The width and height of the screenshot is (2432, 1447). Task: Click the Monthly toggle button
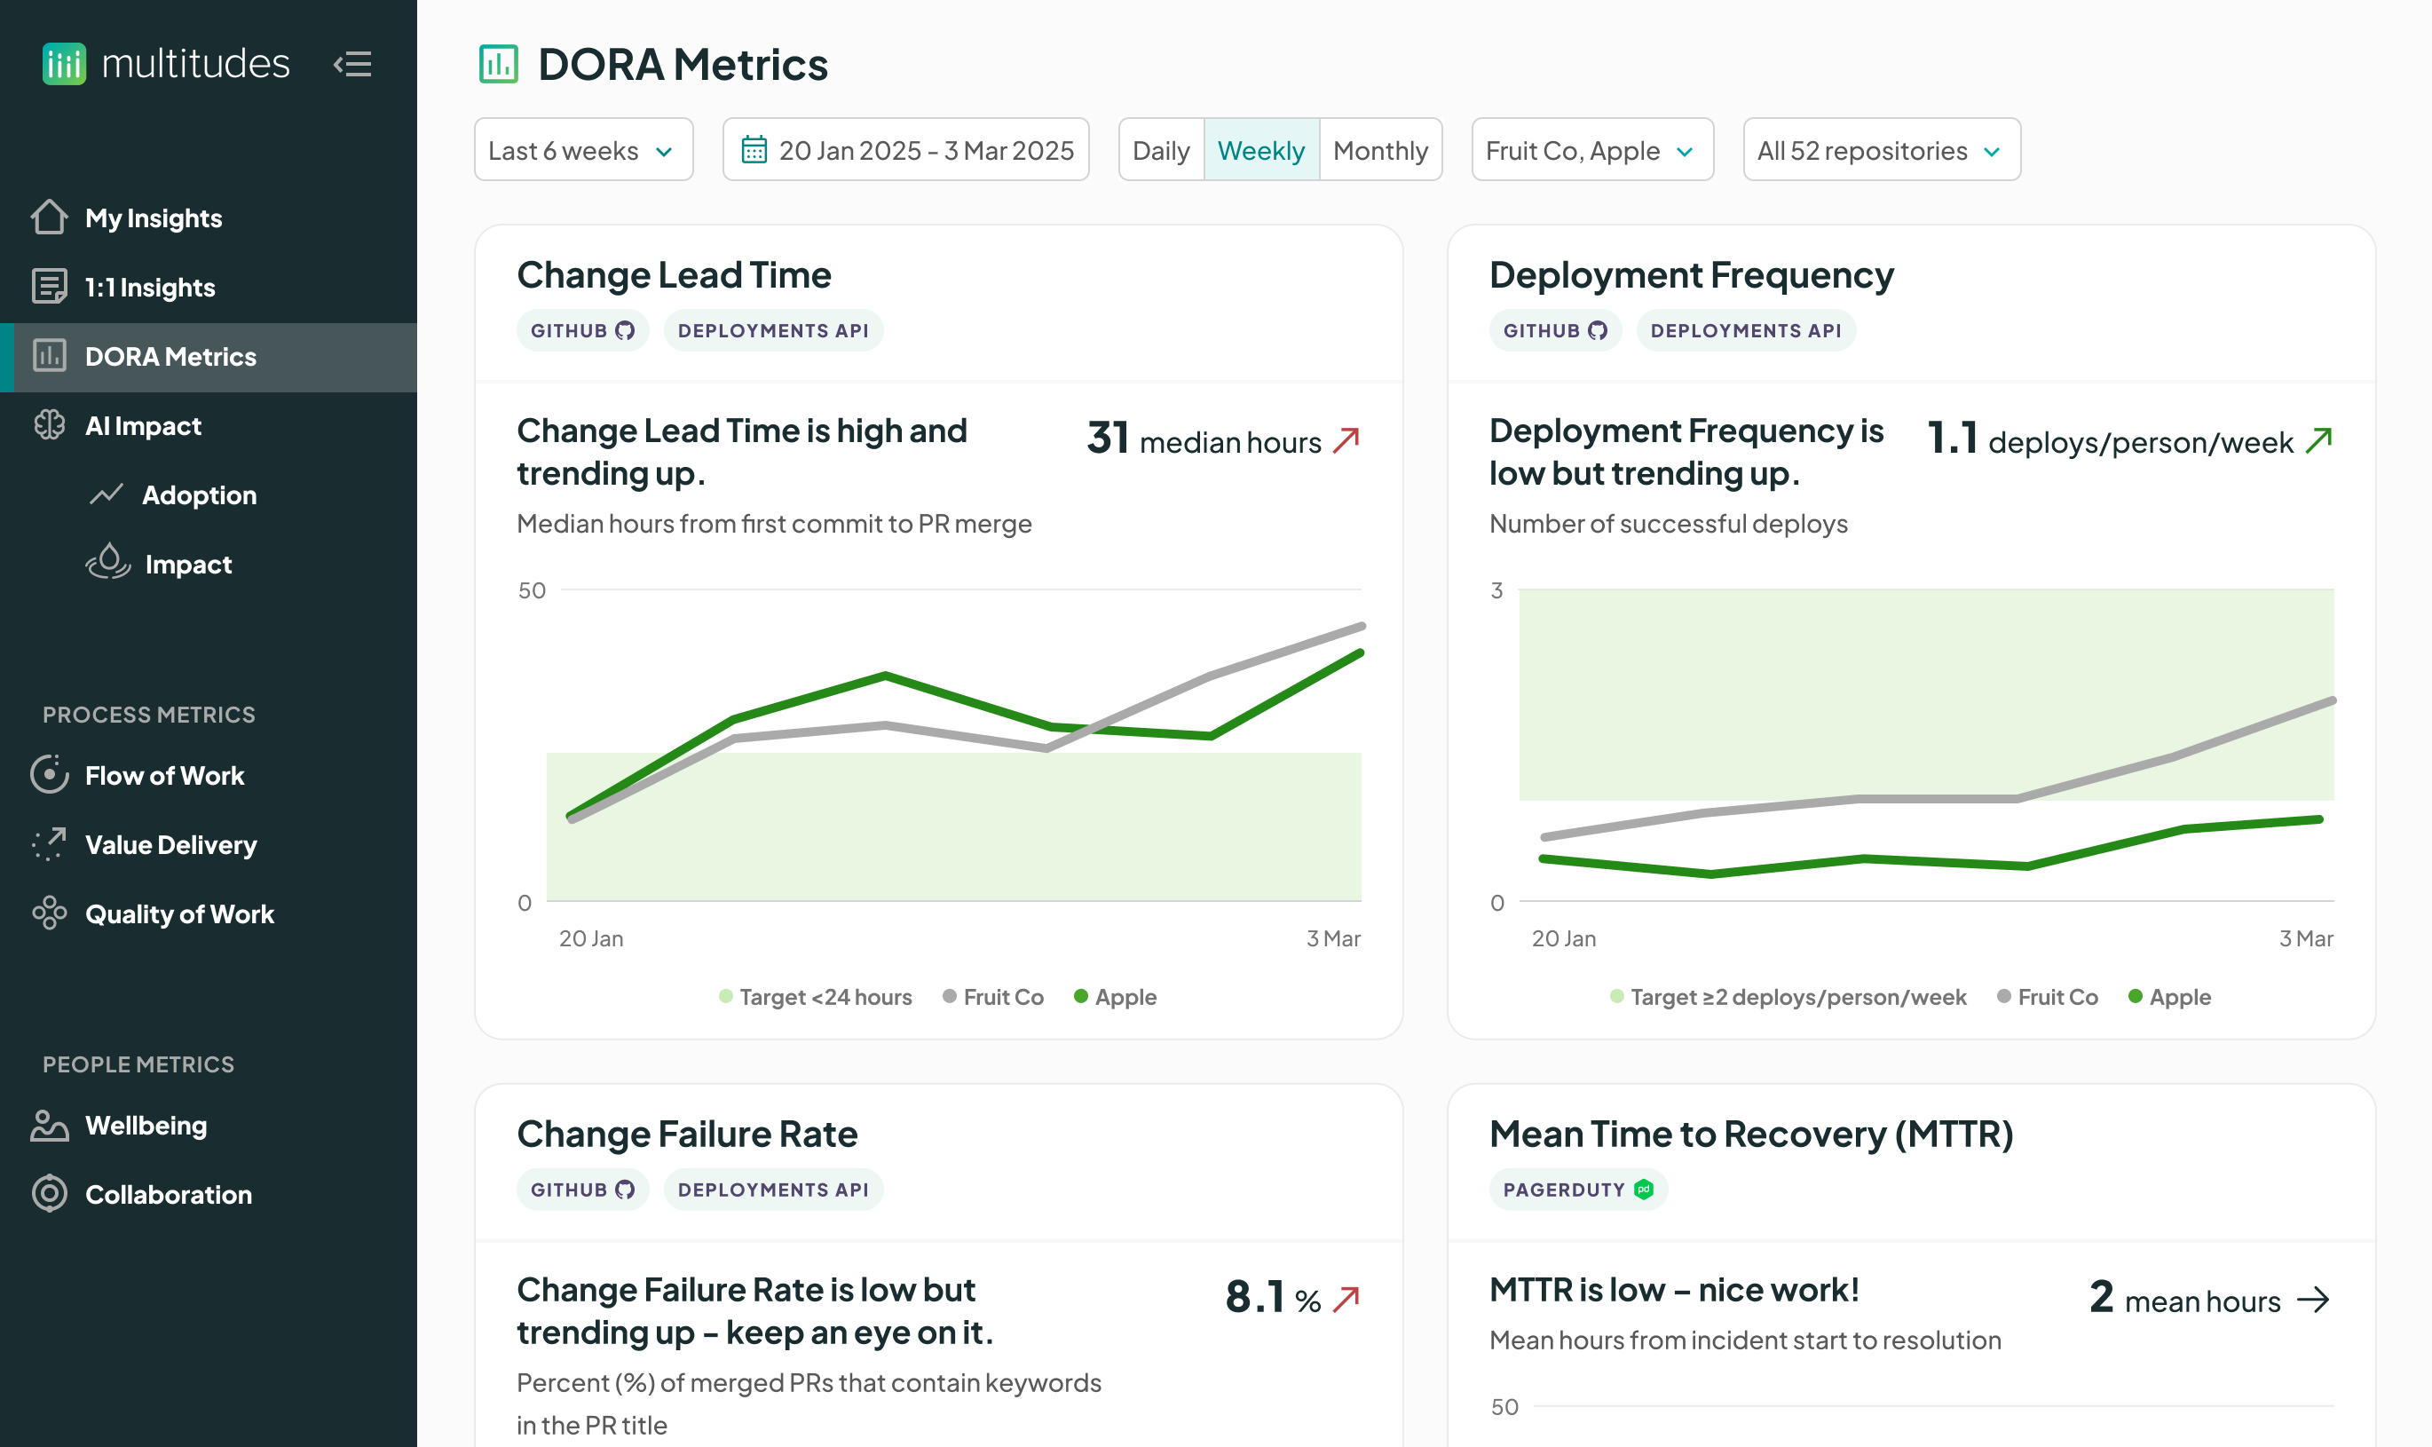pos(1379,150)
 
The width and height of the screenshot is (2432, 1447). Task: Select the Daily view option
pos(1160,150)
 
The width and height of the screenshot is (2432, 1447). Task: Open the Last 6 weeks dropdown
pos(583,150)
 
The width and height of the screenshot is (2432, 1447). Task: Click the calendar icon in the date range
pos(754,150)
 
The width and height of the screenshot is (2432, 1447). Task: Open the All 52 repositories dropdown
pos(1880,150)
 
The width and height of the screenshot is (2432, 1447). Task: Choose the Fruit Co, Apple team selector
pos(1591,150)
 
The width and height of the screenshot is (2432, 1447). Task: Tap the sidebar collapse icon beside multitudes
pos(353,64)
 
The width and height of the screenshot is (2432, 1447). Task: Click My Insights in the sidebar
pos(153,217)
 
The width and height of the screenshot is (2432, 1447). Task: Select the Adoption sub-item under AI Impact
pos(199,494)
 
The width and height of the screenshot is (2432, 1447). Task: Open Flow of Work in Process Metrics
pos(163,775)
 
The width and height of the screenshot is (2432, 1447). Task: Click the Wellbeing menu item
pos(146,1126)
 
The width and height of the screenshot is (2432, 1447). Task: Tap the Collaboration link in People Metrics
pos(168,1195)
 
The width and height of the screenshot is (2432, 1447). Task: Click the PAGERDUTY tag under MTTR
pos(1577,1190)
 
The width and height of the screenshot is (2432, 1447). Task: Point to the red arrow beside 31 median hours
pos(1346,440)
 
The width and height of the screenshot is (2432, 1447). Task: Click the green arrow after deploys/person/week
pos(2318,440)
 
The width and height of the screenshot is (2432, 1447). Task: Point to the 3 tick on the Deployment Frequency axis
pos(1496,590)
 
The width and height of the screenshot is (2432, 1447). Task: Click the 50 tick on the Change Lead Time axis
pos(532,590)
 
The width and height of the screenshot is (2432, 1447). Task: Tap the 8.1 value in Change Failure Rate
pos(1254,1297)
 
